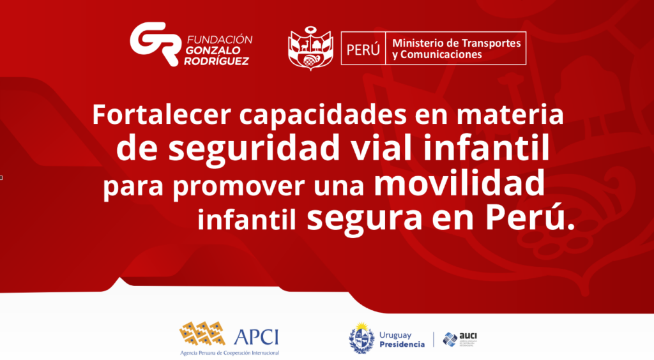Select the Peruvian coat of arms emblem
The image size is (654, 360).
pos(311,49)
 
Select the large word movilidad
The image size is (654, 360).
pos(459,183)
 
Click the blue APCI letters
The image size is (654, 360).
pos(257,336)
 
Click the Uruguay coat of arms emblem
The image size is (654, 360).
pos(361,338)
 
